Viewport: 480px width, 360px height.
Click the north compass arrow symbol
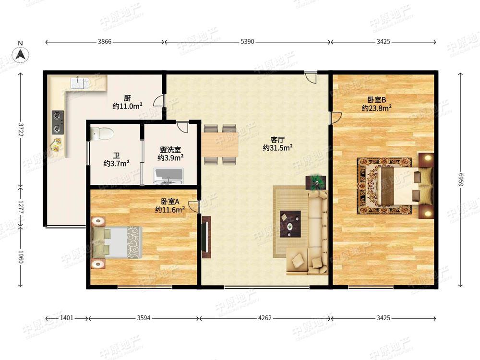coord(21,55)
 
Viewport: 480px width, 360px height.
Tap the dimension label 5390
coord(247,42)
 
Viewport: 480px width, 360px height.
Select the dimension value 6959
coord(460,180)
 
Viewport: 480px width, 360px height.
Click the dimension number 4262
coord(264,318)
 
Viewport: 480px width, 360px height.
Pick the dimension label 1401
coord(66,318)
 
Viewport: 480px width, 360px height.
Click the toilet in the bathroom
coord(102,133)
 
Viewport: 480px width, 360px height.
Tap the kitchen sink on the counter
coord(79,83)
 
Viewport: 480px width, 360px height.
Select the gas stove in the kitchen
coord(58,122)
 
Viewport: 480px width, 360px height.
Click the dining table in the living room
coord(220,144)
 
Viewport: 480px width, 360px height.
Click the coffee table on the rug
coord(290,224)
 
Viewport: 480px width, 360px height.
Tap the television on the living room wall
coord(206,237)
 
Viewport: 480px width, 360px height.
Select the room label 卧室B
coord(376,100)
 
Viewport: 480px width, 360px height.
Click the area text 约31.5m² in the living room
coord(277,148)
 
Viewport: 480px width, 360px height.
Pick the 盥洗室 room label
coord(170,150)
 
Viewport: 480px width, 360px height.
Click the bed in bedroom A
coord(117,242)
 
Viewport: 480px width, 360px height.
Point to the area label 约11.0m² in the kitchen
coord(127,106)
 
